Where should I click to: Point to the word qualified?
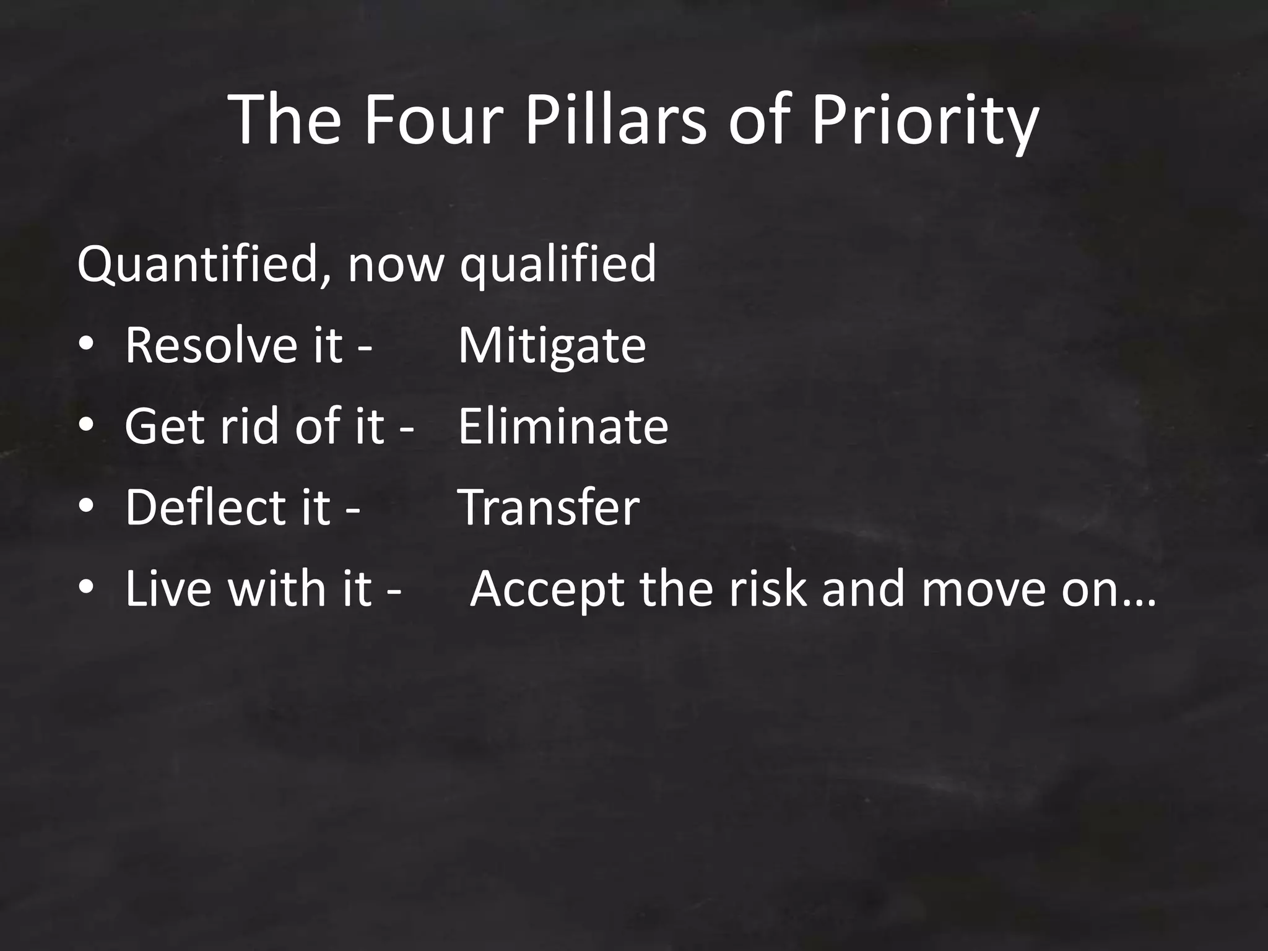click(x=557, y=265)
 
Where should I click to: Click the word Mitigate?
click(x=552, y=345)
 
